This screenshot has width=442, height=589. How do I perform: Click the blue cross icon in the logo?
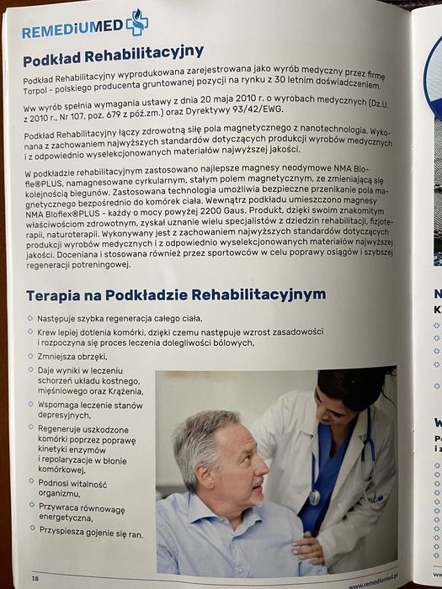point(136,23)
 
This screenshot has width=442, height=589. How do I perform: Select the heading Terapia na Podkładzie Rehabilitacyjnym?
point(175,295)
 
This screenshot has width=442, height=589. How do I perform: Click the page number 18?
point(35,577)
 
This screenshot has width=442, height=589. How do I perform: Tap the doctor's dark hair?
point(349,387)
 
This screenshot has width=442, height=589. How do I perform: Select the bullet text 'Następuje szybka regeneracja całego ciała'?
point(120,320)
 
